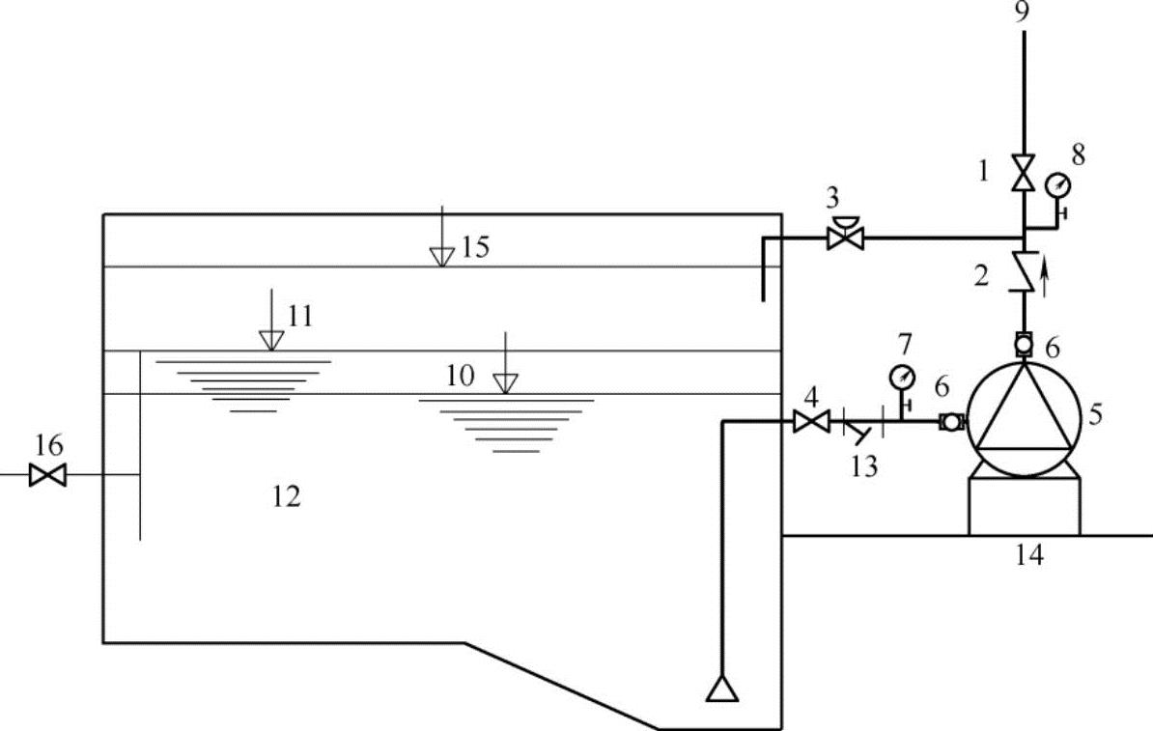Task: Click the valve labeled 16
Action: tap(47, 475)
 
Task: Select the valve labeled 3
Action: tap(846, 236)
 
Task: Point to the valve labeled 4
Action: tap(810, 421)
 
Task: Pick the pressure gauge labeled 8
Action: tap(1059, 183)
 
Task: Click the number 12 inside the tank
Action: tap(287, 496)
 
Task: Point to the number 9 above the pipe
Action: tap(1024, 13)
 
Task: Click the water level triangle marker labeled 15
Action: tap(442, 256)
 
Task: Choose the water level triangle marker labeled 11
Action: tap(271, 340)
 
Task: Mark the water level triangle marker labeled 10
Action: tap(504, 383)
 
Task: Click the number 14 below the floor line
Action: tap(1028, 555)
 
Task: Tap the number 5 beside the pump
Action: tap(1094, 414)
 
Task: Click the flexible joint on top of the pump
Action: tap(1024, 343)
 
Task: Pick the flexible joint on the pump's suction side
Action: tap(951, 422)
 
